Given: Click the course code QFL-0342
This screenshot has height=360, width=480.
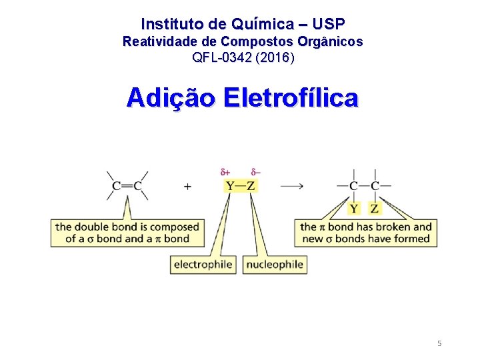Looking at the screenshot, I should (221, 57).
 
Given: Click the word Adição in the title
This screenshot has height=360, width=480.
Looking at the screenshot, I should (171, 98).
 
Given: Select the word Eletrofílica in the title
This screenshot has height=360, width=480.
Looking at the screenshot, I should (291, 98).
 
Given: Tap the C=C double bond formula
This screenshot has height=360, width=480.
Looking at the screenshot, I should (127, 186).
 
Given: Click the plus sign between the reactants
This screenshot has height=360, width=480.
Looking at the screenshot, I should (187, 187).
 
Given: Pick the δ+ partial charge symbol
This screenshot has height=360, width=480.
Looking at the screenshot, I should (225, 173).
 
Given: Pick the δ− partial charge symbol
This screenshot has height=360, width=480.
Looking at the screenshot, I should (256, 173).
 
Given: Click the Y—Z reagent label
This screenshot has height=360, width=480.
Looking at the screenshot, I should (240, 186).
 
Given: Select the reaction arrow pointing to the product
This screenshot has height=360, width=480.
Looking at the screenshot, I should (292, 186).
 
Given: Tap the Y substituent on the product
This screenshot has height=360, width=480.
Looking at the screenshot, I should (353, 208).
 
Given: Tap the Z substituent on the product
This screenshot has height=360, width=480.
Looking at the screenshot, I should (375, 208).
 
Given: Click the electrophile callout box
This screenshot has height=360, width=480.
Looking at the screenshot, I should (203, 265).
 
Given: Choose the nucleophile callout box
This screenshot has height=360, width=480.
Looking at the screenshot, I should (275, 265).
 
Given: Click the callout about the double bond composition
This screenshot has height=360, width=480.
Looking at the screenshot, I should (127, 233).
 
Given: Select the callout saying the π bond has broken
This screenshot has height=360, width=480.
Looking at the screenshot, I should (366, 233).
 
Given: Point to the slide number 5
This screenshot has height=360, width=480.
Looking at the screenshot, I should (439, 343).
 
